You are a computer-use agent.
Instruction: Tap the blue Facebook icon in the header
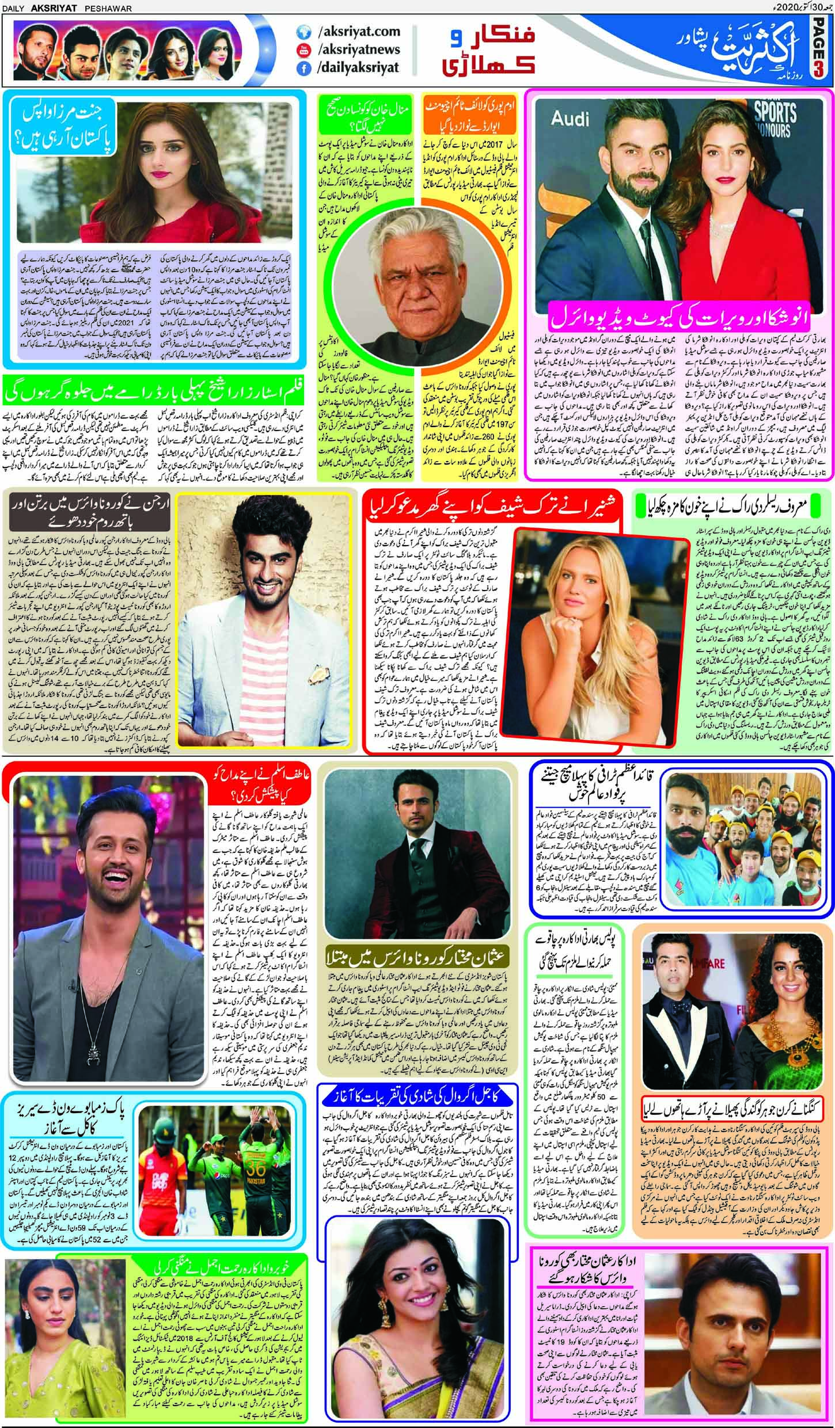click(x=302, y=67)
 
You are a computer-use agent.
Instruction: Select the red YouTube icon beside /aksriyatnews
click(x=302, y=49)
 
